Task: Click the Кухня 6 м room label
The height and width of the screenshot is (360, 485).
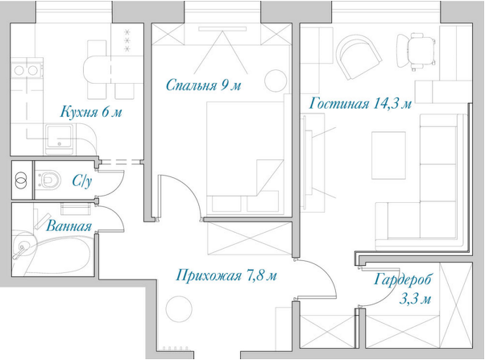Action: coord(91,112)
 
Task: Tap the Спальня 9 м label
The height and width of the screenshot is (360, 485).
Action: coord(203,85)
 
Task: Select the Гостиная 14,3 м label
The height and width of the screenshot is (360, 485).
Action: coord(360,103)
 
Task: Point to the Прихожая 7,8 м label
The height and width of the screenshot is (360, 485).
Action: coord(226,275)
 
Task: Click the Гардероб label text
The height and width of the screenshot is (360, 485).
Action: coord(402,280)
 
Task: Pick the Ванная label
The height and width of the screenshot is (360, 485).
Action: coord(69,226)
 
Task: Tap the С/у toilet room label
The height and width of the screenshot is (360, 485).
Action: coord(82,181)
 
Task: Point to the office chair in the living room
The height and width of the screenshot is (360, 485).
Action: coord(417,51)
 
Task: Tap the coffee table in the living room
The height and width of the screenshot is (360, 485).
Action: coord(389,155)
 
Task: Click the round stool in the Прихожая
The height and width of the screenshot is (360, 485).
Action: coord(179,309)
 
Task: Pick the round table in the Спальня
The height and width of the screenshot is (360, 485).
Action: coord(276,80)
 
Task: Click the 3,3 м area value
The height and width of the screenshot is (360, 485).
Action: coord(415,299)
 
